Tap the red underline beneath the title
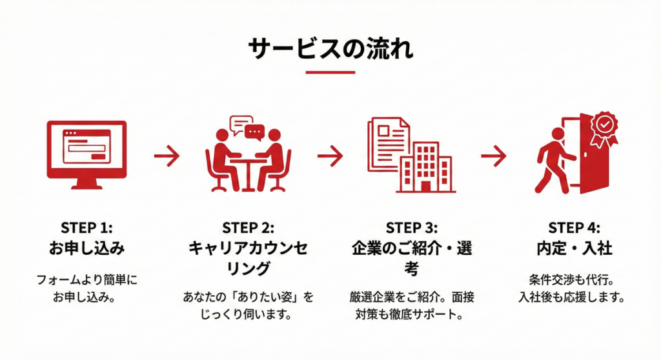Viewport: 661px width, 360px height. coord(330,72)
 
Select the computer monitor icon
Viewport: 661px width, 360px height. coord(86,154)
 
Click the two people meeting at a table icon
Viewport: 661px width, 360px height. coord(248,158)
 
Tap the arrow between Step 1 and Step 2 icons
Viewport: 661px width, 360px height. coord(167,155)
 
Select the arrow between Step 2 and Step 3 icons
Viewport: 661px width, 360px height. coord(330,155)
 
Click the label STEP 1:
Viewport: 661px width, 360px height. coord(86,228)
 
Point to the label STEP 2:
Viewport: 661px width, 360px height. coord(248,228)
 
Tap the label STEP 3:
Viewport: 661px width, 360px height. coord(411,228)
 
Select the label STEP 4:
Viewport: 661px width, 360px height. coord(574,228)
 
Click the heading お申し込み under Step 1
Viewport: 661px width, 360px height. coord(86,248)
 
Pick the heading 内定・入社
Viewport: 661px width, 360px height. coord(574,248)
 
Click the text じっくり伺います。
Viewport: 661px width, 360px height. coord(248,315)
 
